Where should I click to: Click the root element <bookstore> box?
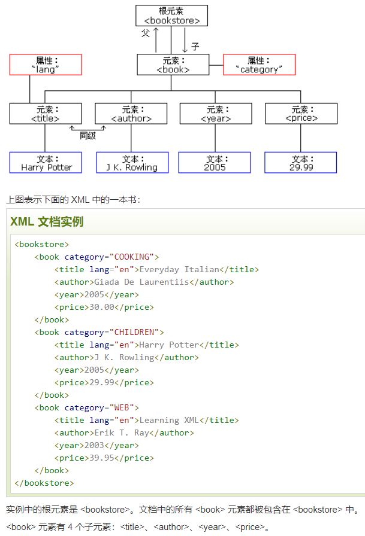click(171, 16)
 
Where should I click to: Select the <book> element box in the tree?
click(173, 65)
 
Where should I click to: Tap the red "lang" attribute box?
click(46, 65)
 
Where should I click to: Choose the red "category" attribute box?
click(259, 65)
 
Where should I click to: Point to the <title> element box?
click(46, 114)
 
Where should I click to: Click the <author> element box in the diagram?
click(131, 114)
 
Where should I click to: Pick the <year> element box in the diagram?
click(216, 114)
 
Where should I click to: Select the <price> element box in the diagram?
click(301, 114)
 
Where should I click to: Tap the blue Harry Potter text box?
click(46, 163)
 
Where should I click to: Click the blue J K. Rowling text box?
click(132, 163)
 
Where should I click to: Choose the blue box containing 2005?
click(215, 163)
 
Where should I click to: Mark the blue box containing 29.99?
click(301, 163)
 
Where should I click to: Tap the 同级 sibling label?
click(88, 135)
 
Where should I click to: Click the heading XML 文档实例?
click(47, 221)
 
